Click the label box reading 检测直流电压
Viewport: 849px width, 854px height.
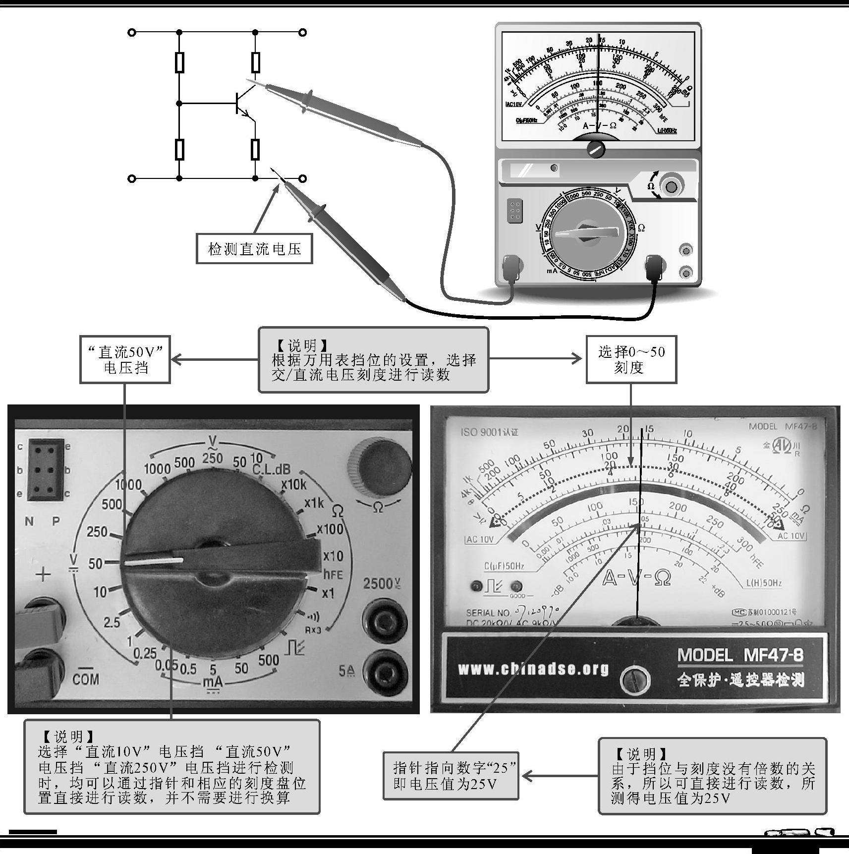pos(254,248)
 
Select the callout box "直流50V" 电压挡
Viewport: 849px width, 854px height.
pos(125,360)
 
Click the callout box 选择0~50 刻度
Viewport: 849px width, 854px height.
pos(631,360)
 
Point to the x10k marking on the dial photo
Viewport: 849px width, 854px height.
pos(293,484)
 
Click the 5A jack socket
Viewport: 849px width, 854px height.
pos(385,671)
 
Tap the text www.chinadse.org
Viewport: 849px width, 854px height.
pos(533,669)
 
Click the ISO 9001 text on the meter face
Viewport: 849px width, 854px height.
pos(489,432)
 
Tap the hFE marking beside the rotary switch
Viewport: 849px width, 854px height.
pos(333,574)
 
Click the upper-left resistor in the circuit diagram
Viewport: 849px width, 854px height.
pos(179,62)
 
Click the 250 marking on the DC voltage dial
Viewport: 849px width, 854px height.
pos(97,532)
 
